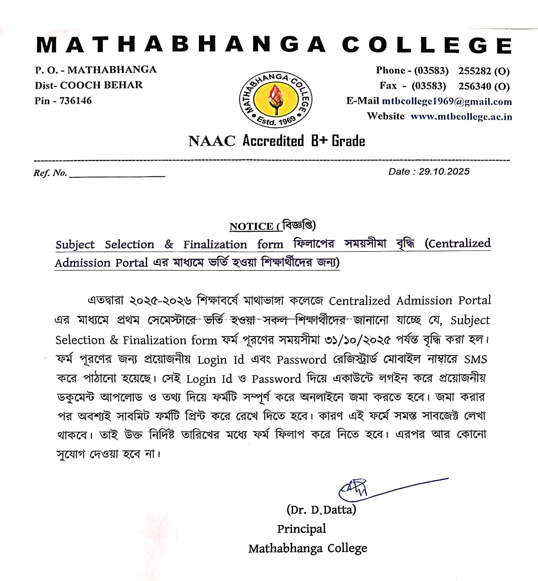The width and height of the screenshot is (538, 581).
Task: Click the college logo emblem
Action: click(x=275, y=100)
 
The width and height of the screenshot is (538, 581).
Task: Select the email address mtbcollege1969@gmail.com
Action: click(x=447, y=101)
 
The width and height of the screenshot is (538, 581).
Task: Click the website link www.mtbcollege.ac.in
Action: click(x=461, y=117)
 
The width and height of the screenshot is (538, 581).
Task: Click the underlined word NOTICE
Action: click(x=251, y=227)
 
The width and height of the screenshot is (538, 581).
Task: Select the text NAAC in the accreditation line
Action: click(x=212, y=141)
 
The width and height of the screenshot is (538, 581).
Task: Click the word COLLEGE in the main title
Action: click(x=427, y=45)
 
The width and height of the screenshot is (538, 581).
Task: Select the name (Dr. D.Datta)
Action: click(x=321, y=510)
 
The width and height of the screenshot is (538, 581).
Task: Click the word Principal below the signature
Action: click(x=302, y=529)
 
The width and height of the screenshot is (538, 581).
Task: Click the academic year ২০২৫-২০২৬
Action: click(x=160, y=301)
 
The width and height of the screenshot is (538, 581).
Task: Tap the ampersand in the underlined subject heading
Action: click(x=169, y=245)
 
